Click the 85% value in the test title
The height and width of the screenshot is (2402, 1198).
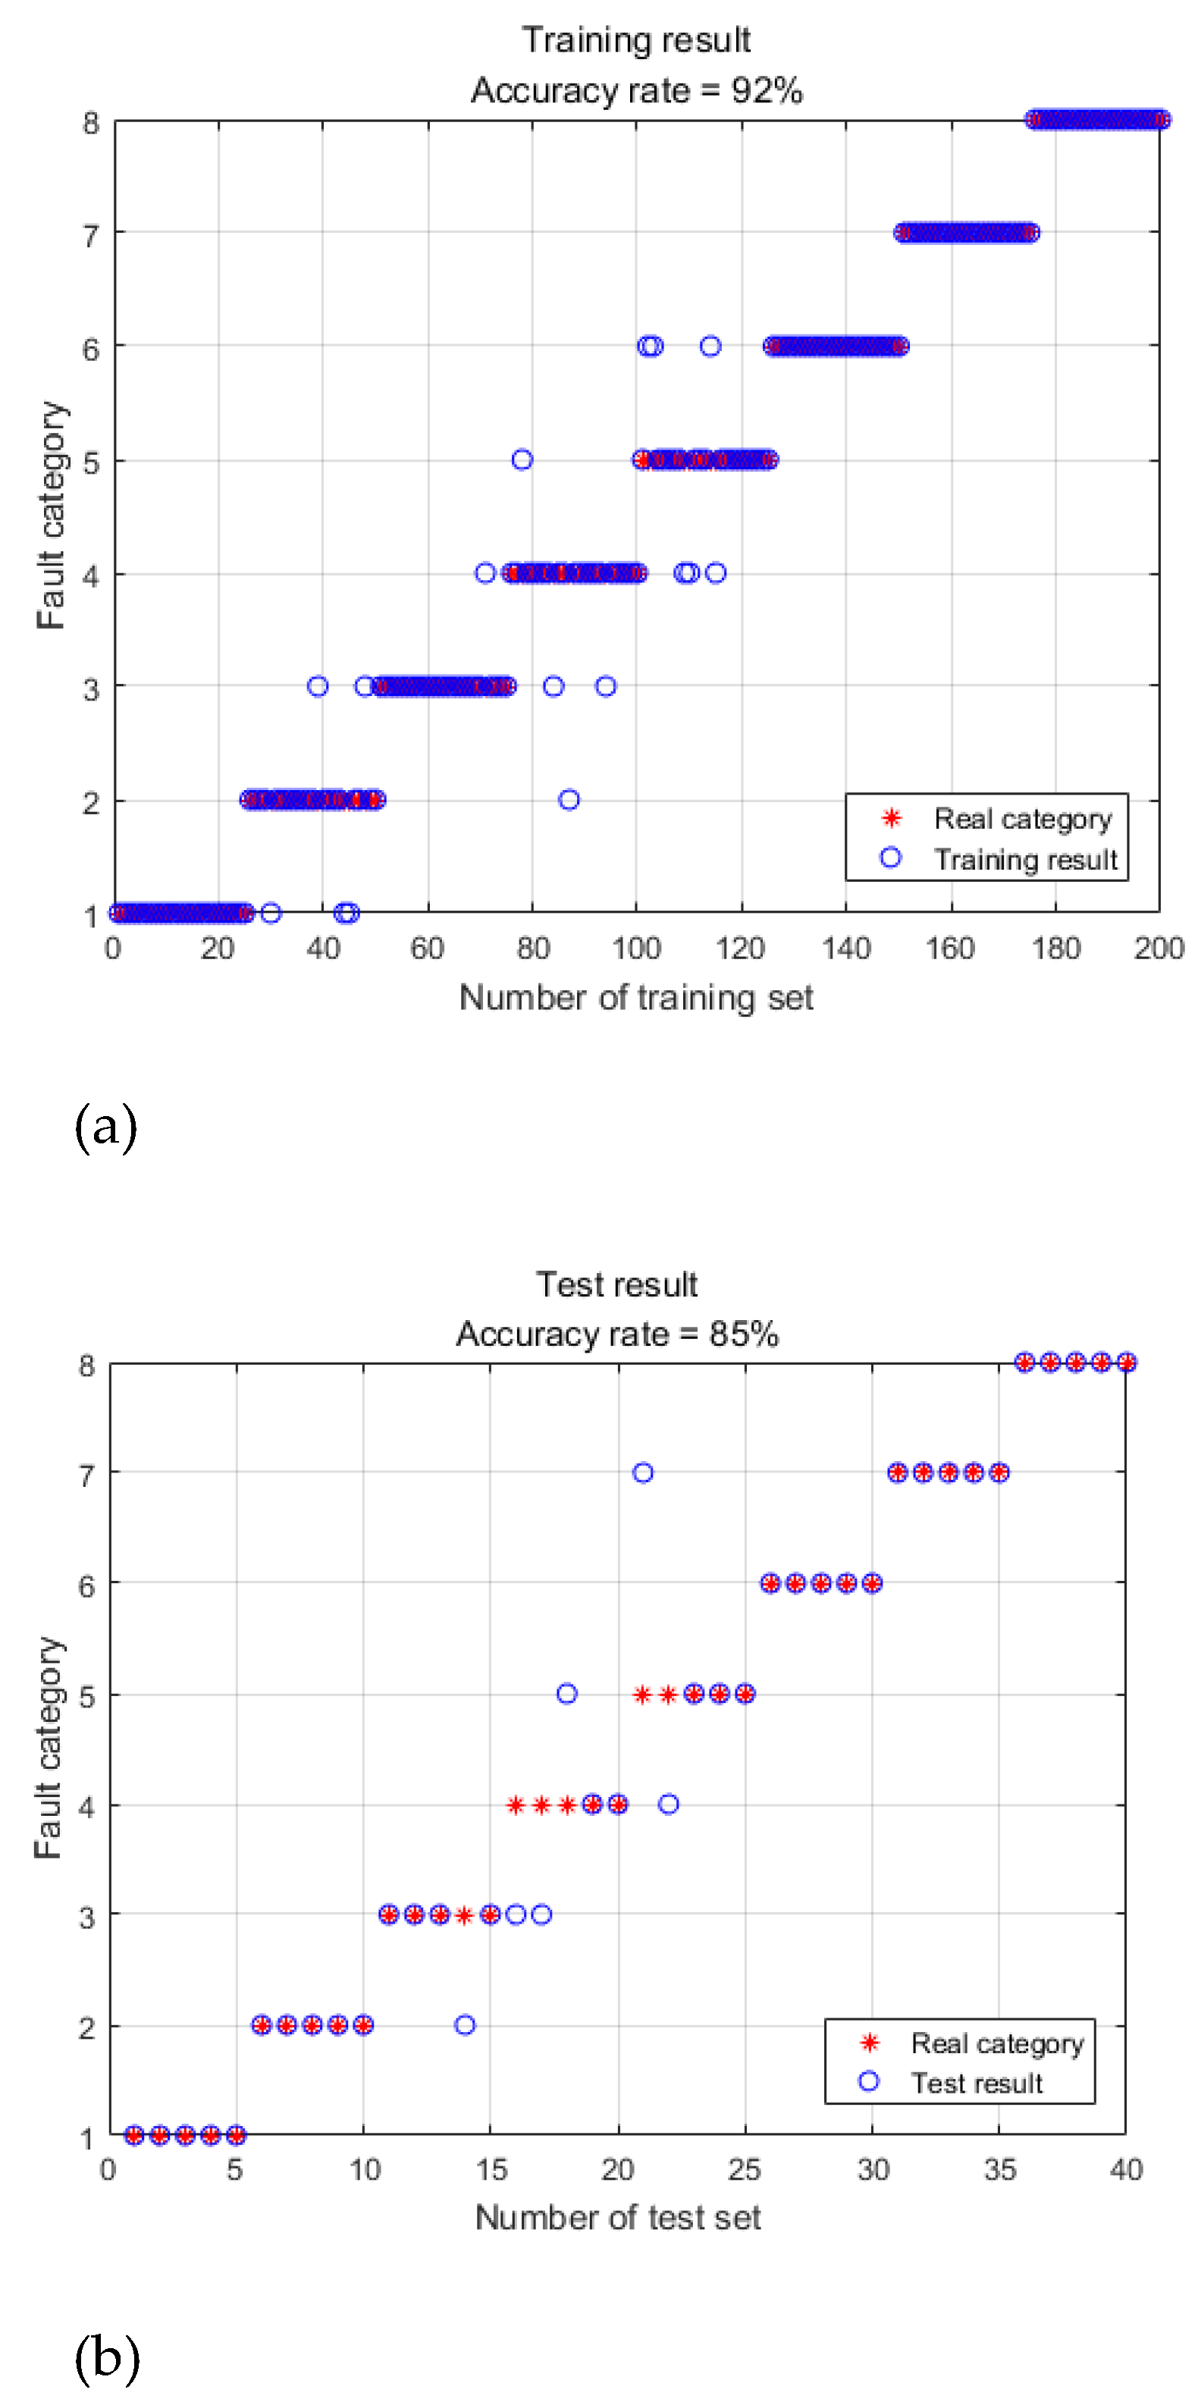743,1334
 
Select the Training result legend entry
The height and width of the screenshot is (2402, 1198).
1024,859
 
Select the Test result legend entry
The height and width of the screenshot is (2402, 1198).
976,2083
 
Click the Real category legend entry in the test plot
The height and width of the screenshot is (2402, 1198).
996,2043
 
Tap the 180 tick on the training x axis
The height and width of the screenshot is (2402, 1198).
1055,949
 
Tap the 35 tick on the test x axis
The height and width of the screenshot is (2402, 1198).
999,2170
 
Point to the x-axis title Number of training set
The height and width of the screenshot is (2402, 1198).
636,998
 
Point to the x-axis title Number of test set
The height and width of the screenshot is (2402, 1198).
617,2217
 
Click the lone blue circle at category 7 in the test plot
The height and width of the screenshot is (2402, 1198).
642,1473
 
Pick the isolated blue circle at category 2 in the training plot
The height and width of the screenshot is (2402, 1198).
569,800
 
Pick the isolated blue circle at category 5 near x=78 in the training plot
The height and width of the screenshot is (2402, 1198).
522,459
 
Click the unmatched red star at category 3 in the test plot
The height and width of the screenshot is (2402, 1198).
464,1915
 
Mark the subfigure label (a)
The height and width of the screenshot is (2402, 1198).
105,1127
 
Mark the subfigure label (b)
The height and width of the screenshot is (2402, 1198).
106,2357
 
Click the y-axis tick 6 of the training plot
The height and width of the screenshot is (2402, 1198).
90,350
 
